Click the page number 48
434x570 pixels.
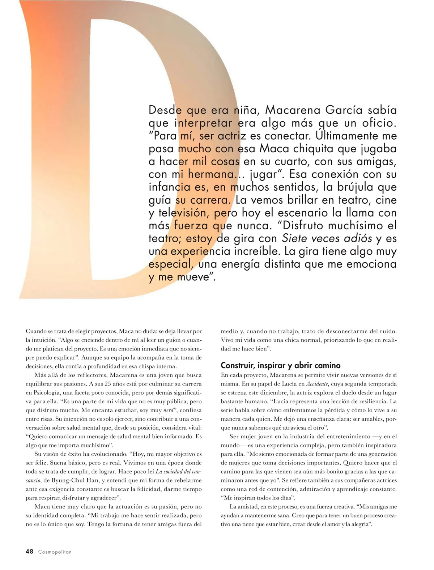pos(29,551)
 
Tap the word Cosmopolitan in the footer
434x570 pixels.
pos(55,552)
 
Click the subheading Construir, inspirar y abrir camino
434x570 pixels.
pos(281,365)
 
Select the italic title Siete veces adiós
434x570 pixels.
pos(327,238)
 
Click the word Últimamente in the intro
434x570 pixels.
pos(356,136)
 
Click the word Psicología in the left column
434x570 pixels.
pos(48,393)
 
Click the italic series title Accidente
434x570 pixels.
pos(317,384)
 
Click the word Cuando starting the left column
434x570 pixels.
pos(36,331)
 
